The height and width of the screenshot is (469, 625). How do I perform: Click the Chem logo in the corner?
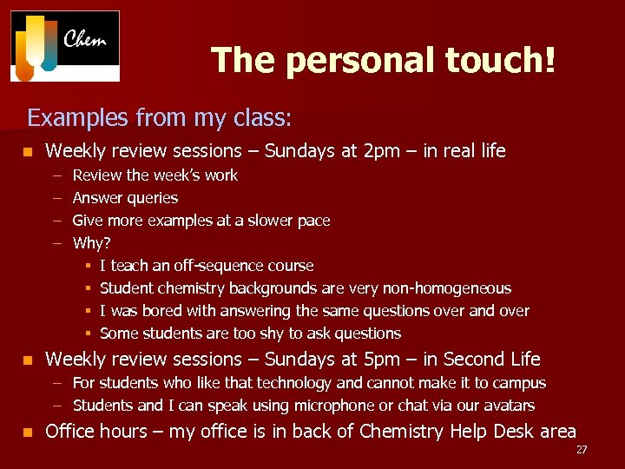tap(65, 46)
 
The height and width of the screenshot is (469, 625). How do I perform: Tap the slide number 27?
tap(581, 449)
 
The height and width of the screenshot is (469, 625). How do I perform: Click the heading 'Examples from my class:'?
tap(160, 116)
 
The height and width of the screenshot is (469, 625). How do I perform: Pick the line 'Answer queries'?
tap(125, 198)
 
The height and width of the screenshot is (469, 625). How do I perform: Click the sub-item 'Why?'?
tap(91, 243)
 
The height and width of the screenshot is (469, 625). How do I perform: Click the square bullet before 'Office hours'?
tap(29, 432)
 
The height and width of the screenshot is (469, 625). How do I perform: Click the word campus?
tap(520, 383)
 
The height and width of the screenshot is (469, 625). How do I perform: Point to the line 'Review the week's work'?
tap(155, 175)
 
